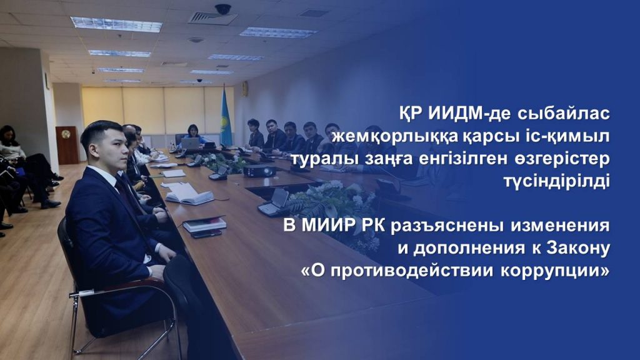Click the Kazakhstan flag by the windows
(226, 117)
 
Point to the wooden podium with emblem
(67, 145)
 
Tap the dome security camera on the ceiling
(223, 9)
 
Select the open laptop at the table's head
(190, 143)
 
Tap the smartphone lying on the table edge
(206, 234)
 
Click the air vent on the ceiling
(212, 17)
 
